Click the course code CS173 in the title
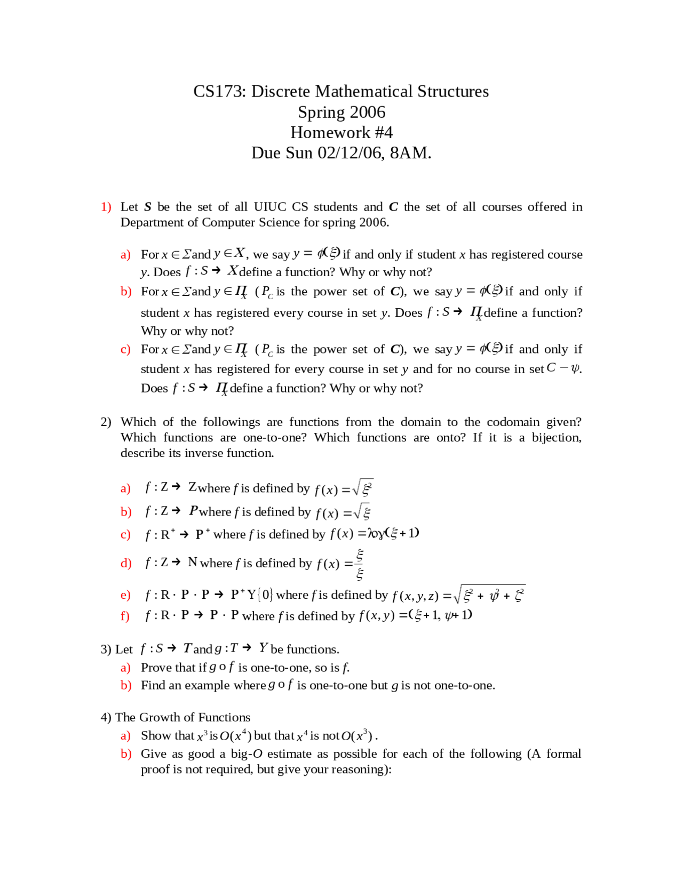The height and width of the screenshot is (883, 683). click(219, 92)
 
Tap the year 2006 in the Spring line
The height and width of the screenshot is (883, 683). click(368, 113)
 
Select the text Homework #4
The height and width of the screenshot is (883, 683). click(341, 133)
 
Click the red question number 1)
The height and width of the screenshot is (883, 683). click(106, 207)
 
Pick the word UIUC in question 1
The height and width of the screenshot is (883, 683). click(269, 207)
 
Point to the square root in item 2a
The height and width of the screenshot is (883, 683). click(363, 487)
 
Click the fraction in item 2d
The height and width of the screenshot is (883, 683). click(360, 564)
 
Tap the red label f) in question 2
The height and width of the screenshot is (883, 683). click(125, 616)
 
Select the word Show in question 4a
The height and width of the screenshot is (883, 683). click(154, 736)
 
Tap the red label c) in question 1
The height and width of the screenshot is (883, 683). click(125, 350)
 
